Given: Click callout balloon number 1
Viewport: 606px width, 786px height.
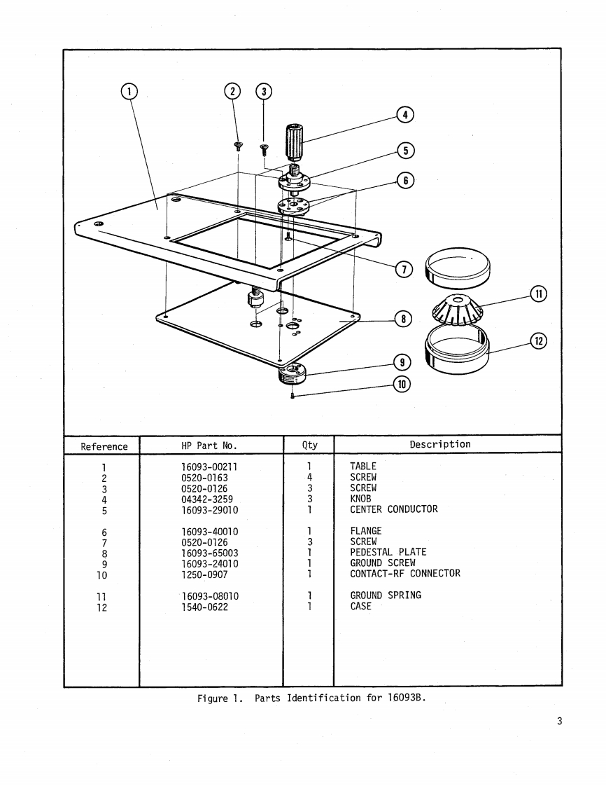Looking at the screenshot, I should [129, 91].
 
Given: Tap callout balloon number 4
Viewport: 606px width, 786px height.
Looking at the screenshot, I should [405, 115].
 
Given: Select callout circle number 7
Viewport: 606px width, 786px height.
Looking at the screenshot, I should [404, 268].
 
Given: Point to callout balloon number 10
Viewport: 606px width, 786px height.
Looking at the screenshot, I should [401, 384].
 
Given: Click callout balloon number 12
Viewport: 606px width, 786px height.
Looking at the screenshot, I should [538, 341].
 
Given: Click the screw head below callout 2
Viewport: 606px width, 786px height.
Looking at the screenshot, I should [238, 146].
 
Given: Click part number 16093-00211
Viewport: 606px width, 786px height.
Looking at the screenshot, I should [210, 466].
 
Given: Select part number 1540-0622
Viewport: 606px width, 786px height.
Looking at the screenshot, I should [204, 607].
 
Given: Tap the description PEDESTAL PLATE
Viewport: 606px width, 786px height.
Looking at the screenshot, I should [388, 552].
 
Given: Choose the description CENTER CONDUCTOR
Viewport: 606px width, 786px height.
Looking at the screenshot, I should [393, 509].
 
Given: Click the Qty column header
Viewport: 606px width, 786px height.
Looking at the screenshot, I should [309, 445].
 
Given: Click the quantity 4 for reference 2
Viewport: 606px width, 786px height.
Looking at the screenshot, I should [309, 477].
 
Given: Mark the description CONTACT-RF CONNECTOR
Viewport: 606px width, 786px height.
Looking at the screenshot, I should [405, 574].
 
